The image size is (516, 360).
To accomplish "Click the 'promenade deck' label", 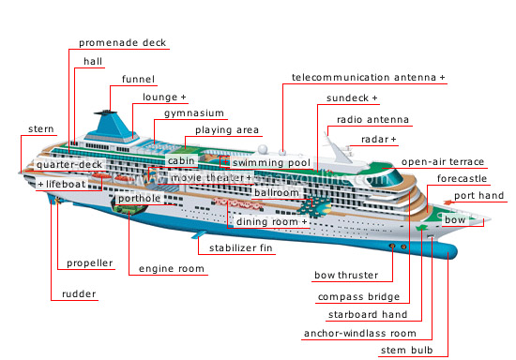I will pyautogui.click(x=121, y=43).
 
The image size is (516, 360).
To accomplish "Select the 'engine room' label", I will pyautogui.click(x=171, y=269).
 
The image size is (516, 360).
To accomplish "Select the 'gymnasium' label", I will pyautogui.click(x=194, y=113).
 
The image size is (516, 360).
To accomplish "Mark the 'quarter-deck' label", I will pyautogui.click(x=69, y=165).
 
